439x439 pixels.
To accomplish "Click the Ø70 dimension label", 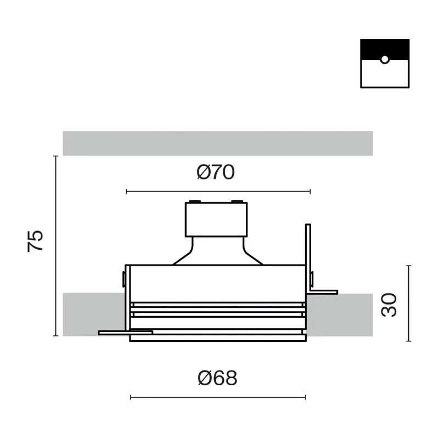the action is (216, 172).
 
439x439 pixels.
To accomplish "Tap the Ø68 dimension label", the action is (217, 378).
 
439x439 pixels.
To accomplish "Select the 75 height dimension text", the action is (35, 241).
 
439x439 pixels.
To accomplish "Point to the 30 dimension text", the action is (389, 305).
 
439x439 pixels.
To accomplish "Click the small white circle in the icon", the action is (385, 59).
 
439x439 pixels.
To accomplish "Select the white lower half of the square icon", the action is (385, 74).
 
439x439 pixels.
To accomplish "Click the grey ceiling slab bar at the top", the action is (217, 143).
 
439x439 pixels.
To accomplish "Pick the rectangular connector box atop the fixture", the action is (216, 219).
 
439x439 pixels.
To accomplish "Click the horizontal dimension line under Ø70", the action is (218, 192).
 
